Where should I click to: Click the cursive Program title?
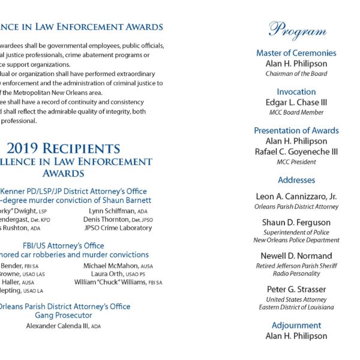(297, 30)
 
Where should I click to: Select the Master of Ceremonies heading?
(296, 53)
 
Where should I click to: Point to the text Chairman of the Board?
(296, 74)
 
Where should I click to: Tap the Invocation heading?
(296, 92)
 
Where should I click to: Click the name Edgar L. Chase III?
(296, 102)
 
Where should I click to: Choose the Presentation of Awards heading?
(296, 130)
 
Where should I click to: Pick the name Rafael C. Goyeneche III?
(296, 152)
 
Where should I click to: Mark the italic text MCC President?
(296, 162)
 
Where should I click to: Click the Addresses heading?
(296, 180)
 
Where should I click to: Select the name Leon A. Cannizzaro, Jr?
(296, 196)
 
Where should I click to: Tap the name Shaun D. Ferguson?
(296, 222)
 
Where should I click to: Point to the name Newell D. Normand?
(296, 256)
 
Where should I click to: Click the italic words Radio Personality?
(296, 274)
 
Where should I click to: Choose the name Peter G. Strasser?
(296, 289)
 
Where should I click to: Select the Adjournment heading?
(296, 325)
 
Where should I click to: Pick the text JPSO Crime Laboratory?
(118, 228)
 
